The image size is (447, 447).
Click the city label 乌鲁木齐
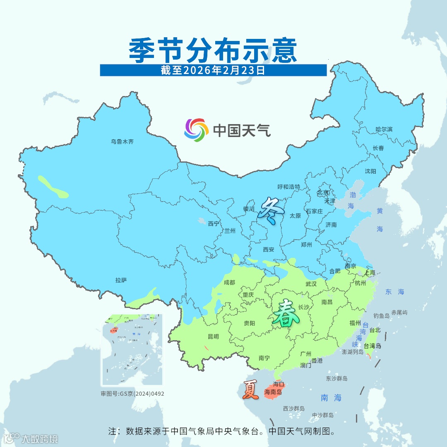click(x=122, y=142)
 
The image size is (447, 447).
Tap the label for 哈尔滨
click(x=384, y=130)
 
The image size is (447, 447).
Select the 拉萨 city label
click(x=121, y=280)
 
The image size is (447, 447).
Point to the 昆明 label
click(x=213, y=337)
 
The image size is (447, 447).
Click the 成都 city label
click(x=229, y=282)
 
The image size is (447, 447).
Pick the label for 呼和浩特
click(x=288, y=187)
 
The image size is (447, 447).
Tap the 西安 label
click(x=269, y=250)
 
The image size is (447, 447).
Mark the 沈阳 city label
click(x=370, y=171)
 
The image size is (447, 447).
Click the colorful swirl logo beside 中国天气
click(x=196, y=130)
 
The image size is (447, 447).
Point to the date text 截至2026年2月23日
click(x=213, y=70)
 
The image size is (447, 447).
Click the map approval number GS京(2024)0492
click(x=132, y=394)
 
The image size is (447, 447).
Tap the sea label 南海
click(x=331, y=398)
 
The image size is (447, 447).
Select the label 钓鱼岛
click(x=381, y=316)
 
